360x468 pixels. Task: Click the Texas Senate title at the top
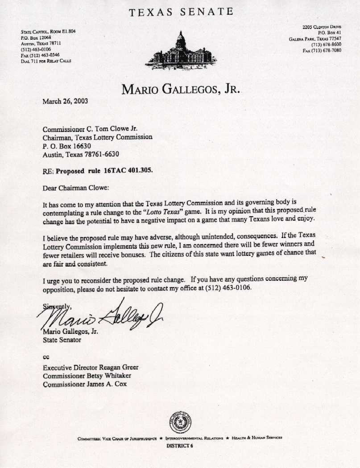point(181,12)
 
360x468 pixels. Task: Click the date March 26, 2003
point(65,101)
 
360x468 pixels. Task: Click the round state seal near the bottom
point(180,422)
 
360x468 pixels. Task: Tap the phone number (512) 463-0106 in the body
point(227,288)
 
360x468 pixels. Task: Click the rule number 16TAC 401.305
point(122,170)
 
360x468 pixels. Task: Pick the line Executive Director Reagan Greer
point(91,368)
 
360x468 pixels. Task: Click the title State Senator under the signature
point(62,340)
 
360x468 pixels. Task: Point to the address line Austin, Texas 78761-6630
point(81,154)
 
